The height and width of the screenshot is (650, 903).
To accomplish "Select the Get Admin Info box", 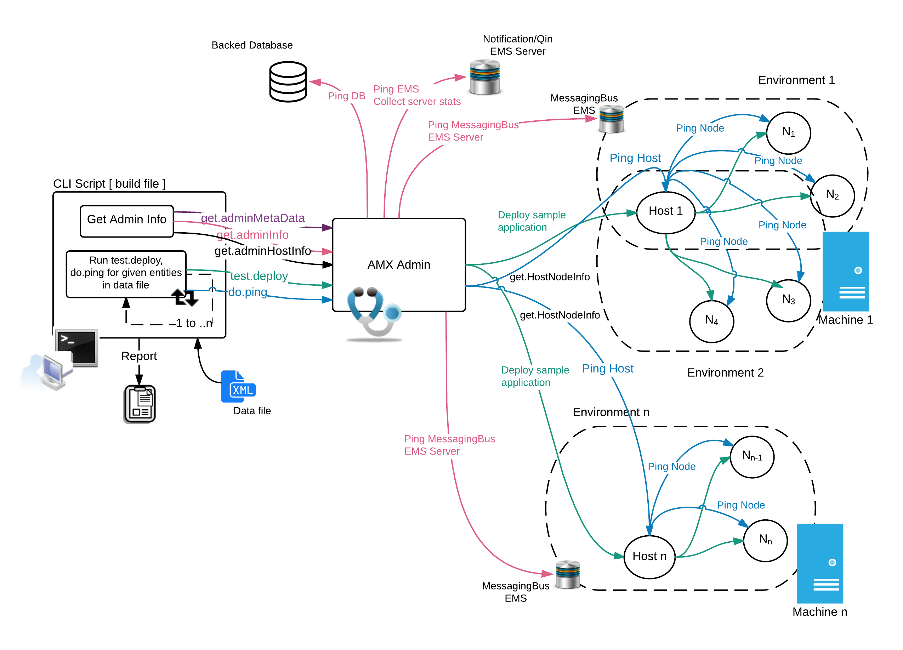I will pyautogui.click(x=127, y=221).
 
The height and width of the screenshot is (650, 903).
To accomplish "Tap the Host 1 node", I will pyautogui.click(x=666, y=212).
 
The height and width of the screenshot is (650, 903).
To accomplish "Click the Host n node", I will pyautogui.click(x=649, y=556).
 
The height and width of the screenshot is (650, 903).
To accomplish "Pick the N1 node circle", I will pyautogui.click(x=788, y=132).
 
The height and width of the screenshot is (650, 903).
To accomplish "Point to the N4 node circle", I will pyautogui.click(x=711, y=320).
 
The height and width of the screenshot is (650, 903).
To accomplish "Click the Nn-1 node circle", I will pyautogui.click(x=752, y=457).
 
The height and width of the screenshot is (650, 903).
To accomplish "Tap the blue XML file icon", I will pyautogui.click(x=238, y=387).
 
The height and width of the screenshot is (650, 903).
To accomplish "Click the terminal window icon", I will pyautogui.click(x=77, y=348).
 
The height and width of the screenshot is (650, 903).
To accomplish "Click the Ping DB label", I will pyautogui.click(x=346, y=96).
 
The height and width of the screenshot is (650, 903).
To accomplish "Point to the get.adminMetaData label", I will pyautogui.click(x=253, y=218).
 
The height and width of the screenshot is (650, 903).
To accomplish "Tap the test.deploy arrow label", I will pyautogui.click(x=259, y=276).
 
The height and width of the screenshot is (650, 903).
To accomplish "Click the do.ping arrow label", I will pyautogui.click(x=248, y=292).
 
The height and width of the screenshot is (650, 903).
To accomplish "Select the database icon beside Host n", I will pyautogui.click(x=568, y=574).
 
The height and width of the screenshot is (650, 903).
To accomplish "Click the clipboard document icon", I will pyautogui.click(x=140, y=403).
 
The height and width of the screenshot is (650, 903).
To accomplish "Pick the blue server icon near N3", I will pyautogui.click(x=846, y=272).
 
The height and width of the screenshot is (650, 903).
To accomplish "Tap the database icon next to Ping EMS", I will pyautogui.click(x=484, y=77).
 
